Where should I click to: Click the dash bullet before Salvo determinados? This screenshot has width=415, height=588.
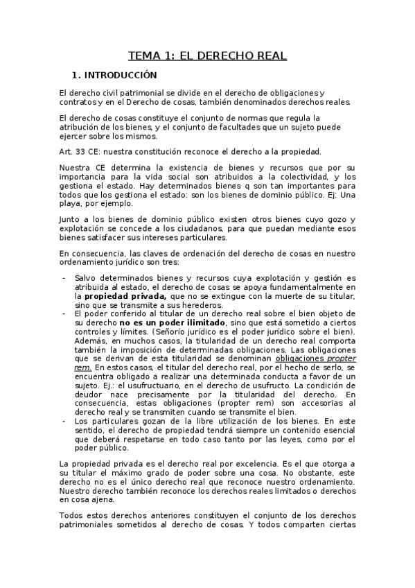click(x=64, y=277)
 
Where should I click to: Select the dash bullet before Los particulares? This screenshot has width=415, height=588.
click(x=64, y=421)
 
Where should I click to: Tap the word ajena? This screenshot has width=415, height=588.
click(x=101, y=499)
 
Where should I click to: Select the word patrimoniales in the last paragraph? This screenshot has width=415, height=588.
click(x=93, y=524)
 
